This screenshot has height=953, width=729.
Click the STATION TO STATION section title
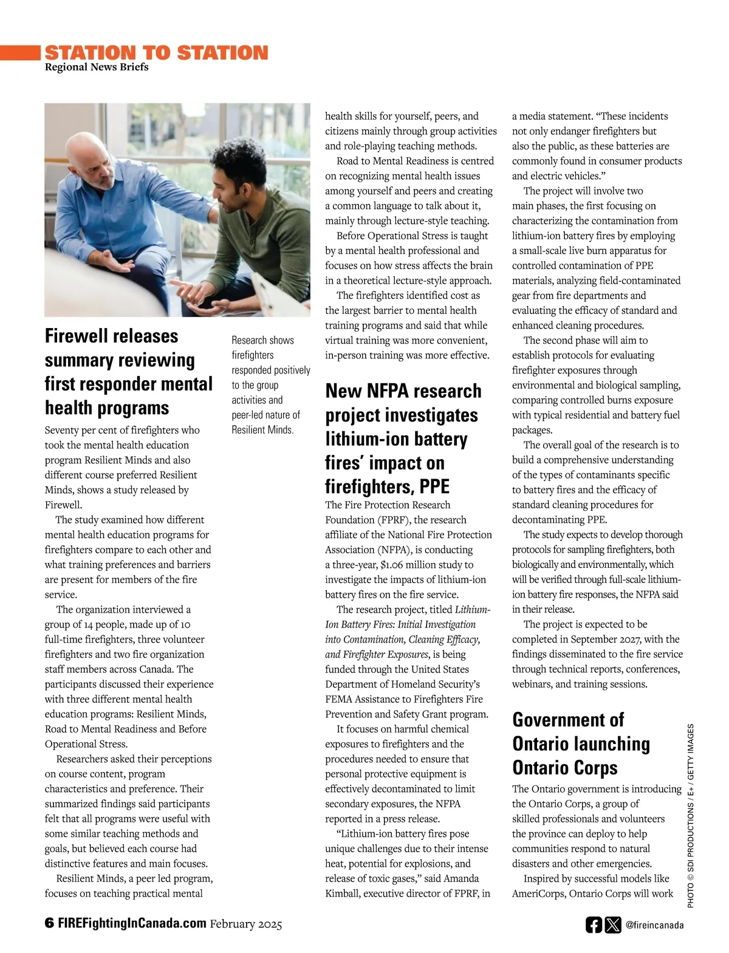156,53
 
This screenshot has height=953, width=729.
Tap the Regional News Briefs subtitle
97,67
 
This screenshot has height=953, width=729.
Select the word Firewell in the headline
78,336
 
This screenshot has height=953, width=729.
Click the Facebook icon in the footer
594,924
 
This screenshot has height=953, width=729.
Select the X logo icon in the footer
613,924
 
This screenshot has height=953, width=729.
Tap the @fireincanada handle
654,925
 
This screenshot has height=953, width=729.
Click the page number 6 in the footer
49,923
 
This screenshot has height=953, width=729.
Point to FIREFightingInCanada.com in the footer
132,923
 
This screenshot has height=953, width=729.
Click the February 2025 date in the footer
246,924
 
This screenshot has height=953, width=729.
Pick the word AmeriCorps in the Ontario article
538,893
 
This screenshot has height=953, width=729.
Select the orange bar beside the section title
20,53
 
